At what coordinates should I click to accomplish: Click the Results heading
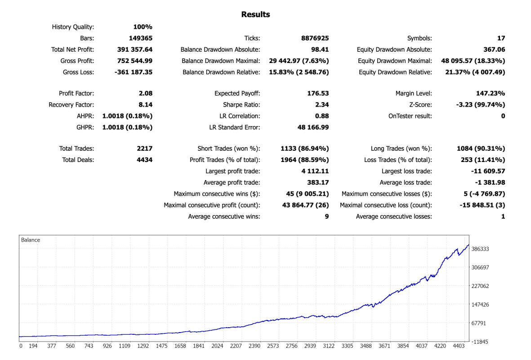tap(255, 14)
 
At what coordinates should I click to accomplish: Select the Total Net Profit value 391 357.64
tap(135, 49)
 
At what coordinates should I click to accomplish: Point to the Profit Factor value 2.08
tap(146, 93)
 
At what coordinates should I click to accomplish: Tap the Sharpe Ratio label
tap(241, 105)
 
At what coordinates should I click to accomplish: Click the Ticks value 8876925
tap(315, 38)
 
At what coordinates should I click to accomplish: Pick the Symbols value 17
tap(501, 38)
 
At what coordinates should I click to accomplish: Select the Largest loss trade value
tap(488, 171)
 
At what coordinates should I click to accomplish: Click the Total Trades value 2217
tap(145, 148)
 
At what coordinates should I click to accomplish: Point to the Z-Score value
tap(481, 105)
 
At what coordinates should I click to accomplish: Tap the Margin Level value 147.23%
tap(491, 93)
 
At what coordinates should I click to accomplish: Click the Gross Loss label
tap(79, 72)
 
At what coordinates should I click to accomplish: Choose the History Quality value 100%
tap(143, 27)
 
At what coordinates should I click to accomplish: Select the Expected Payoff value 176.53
tap(318, 93)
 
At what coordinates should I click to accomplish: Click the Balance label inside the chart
tap(31, 240)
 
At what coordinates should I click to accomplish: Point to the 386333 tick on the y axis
tap(480, 249)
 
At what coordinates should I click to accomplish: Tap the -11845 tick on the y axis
tap(479, 342)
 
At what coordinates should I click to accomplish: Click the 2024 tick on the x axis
tap(218, 346)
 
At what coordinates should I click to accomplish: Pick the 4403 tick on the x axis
tap(459, 346)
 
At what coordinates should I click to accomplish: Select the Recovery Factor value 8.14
tap(146, 105)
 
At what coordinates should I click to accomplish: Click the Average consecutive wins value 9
tap(327, 216)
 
